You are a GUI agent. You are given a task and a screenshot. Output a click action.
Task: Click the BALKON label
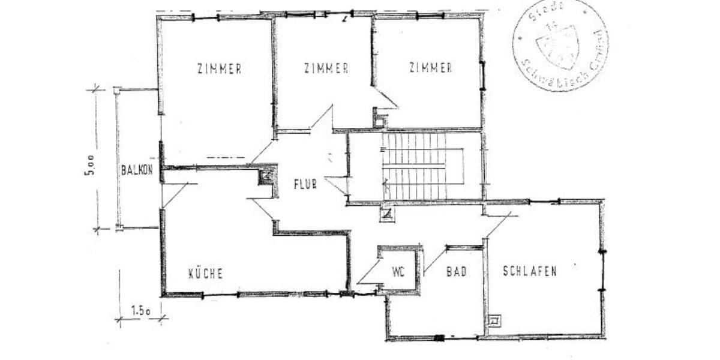click(137, 170)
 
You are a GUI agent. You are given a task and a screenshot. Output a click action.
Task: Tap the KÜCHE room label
click(206, 274)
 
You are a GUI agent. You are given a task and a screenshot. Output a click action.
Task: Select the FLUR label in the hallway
click(305, 183)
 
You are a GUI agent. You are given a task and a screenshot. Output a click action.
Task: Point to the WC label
click(398, 271)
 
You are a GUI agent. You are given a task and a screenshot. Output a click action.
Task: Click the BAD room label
click(456, 271)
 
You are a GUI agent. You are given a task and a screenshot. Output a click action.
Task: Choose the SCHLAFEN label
click(529, 271)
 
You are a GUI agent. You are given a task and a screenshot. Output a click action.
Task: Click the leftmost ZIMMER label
click(219, 68)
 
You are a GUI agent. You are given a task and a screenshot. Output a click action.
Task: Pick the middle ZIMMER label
click(326, 68)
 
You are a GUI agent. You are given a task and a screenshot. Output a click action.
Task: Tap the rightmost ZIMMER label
click(430, 68)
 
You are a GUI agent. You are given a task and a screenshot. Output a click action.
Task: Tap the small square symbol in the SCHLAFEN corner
click(494, 321)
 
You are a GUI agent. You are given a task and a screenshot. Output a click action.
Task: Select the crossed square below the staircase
click(387, 213)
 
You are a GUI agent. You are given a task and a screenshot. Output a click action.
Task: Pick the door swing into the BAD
click(435, 259)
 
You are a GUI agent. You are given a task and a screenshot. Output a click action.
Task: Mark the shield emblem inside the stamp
click(557, 43)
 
